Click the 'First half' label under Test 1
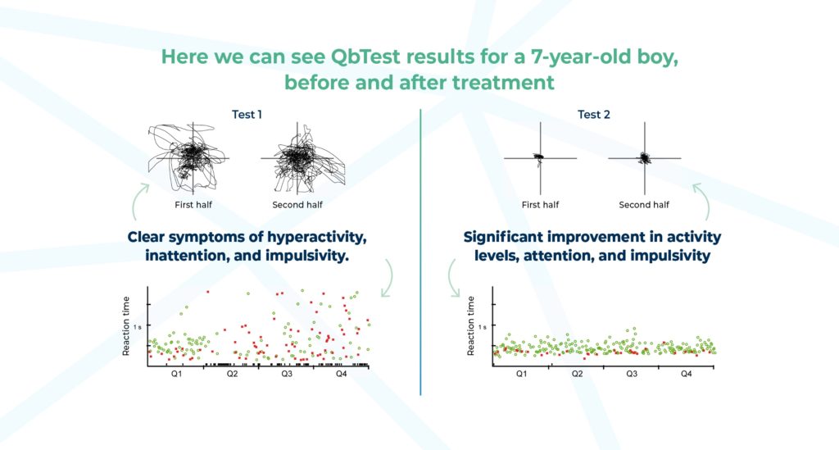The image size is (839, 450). tap(194, 205)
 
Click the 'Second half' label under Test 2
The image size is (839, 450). tap(644, 205)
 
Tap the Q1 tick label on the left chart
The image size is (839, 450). tap(176, 374)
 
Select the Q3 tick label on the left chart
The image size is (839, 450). tap(287, 374)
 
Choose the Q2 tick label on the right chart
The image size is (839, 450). tap(577, 374)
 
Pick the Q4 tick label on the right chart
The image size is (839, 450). tap(687, 374)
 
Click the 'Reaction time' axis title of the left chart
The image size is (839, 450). tap(127, 325)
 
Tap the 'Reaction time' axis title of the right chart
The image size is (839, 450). tap(471, 325)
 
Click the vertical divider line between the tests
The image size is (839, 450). tap(420, 246)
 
